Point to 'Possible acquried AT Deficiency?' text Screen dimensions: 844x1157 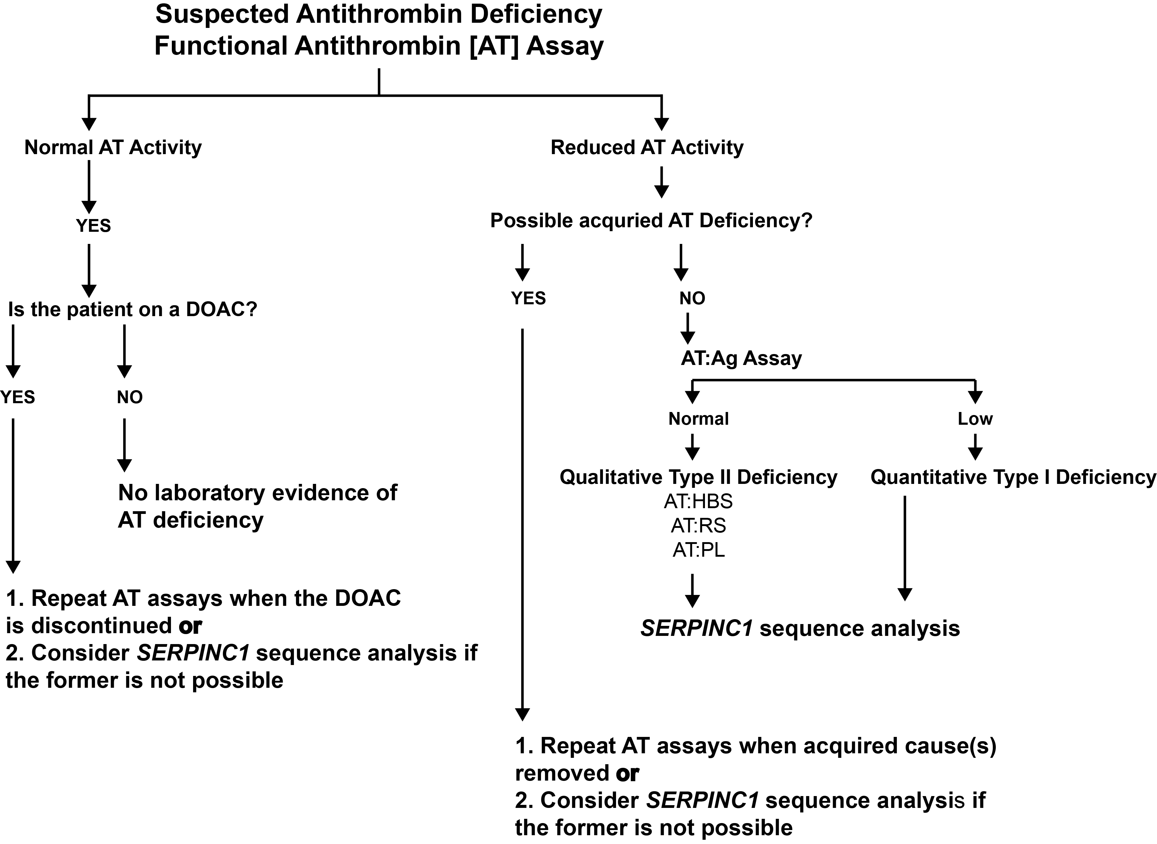click(x=651, y=221)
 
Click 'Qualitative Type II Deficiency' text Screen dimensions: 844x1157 click(x=698, y=477)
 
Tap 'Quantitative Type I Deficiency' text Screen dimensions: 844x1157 click(x=1013, y=477)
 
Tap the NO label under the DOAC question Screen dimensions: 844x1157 click(x=129, y=397)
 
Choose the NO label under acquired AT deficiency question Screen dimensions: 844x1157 click(x=692, y=298)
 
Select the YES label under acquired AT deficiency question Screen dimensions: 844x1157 click(x=528, y=298)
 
